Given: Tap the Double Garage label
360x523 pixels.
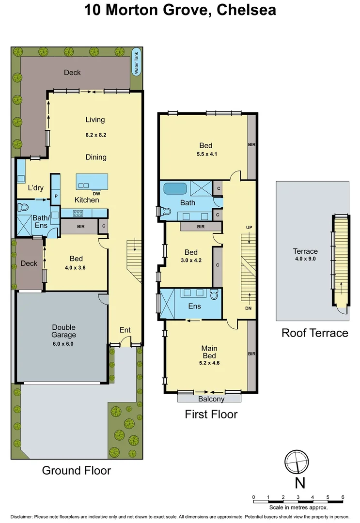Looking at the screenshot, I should pyautogui.click(x=64, y=331).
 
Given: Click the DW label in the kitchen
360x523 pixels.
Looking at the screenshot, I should pyautogui.click(x=97, y=193).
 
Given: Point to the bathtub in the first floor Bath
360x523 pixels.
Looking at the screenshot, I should pyautogui.click(x=176, y=188).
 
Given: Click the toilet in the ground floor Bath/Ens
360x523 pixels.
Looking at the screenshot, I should pyautogui.click(x=22, y=208).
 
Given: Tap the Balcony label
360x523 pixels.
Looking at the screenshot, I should pyautogui.click(x=211, y=399).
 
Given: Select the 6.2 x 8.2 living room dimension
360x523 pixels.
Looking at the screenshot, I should pyautogui.click(x=95, y=135).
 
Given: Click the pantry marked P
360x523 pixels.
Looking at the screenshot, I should pyautogui.click(x=56, y=196).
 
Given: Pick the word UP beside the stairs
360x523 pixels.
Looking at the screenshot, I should pyautogui.click(x=250, y=227).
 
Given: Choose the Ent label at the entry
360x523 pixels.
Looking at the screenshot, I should pyautogui.click(x=125, y=330).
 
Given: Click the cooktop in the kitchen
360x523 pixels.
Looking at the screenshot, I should pyautogui.click(x=78, y=212).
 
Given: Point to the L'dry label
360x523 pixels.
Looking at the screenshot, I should pyautogui.click(x=36, y=188).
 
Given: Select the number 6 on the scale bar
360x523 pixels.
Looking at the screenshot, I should pyautogui.click(x=343, y=497).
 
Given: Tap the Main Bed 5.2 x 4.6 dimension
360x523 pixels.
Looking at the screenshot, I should pyautogui.click(x=209, y=362).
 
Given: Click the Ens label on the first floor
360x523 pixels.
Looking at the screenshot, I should pyautogui.click(x=194, y=306).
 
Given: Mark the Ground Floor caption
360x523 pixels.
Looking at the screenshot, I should pyautogui.click(x=76, y=470).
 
